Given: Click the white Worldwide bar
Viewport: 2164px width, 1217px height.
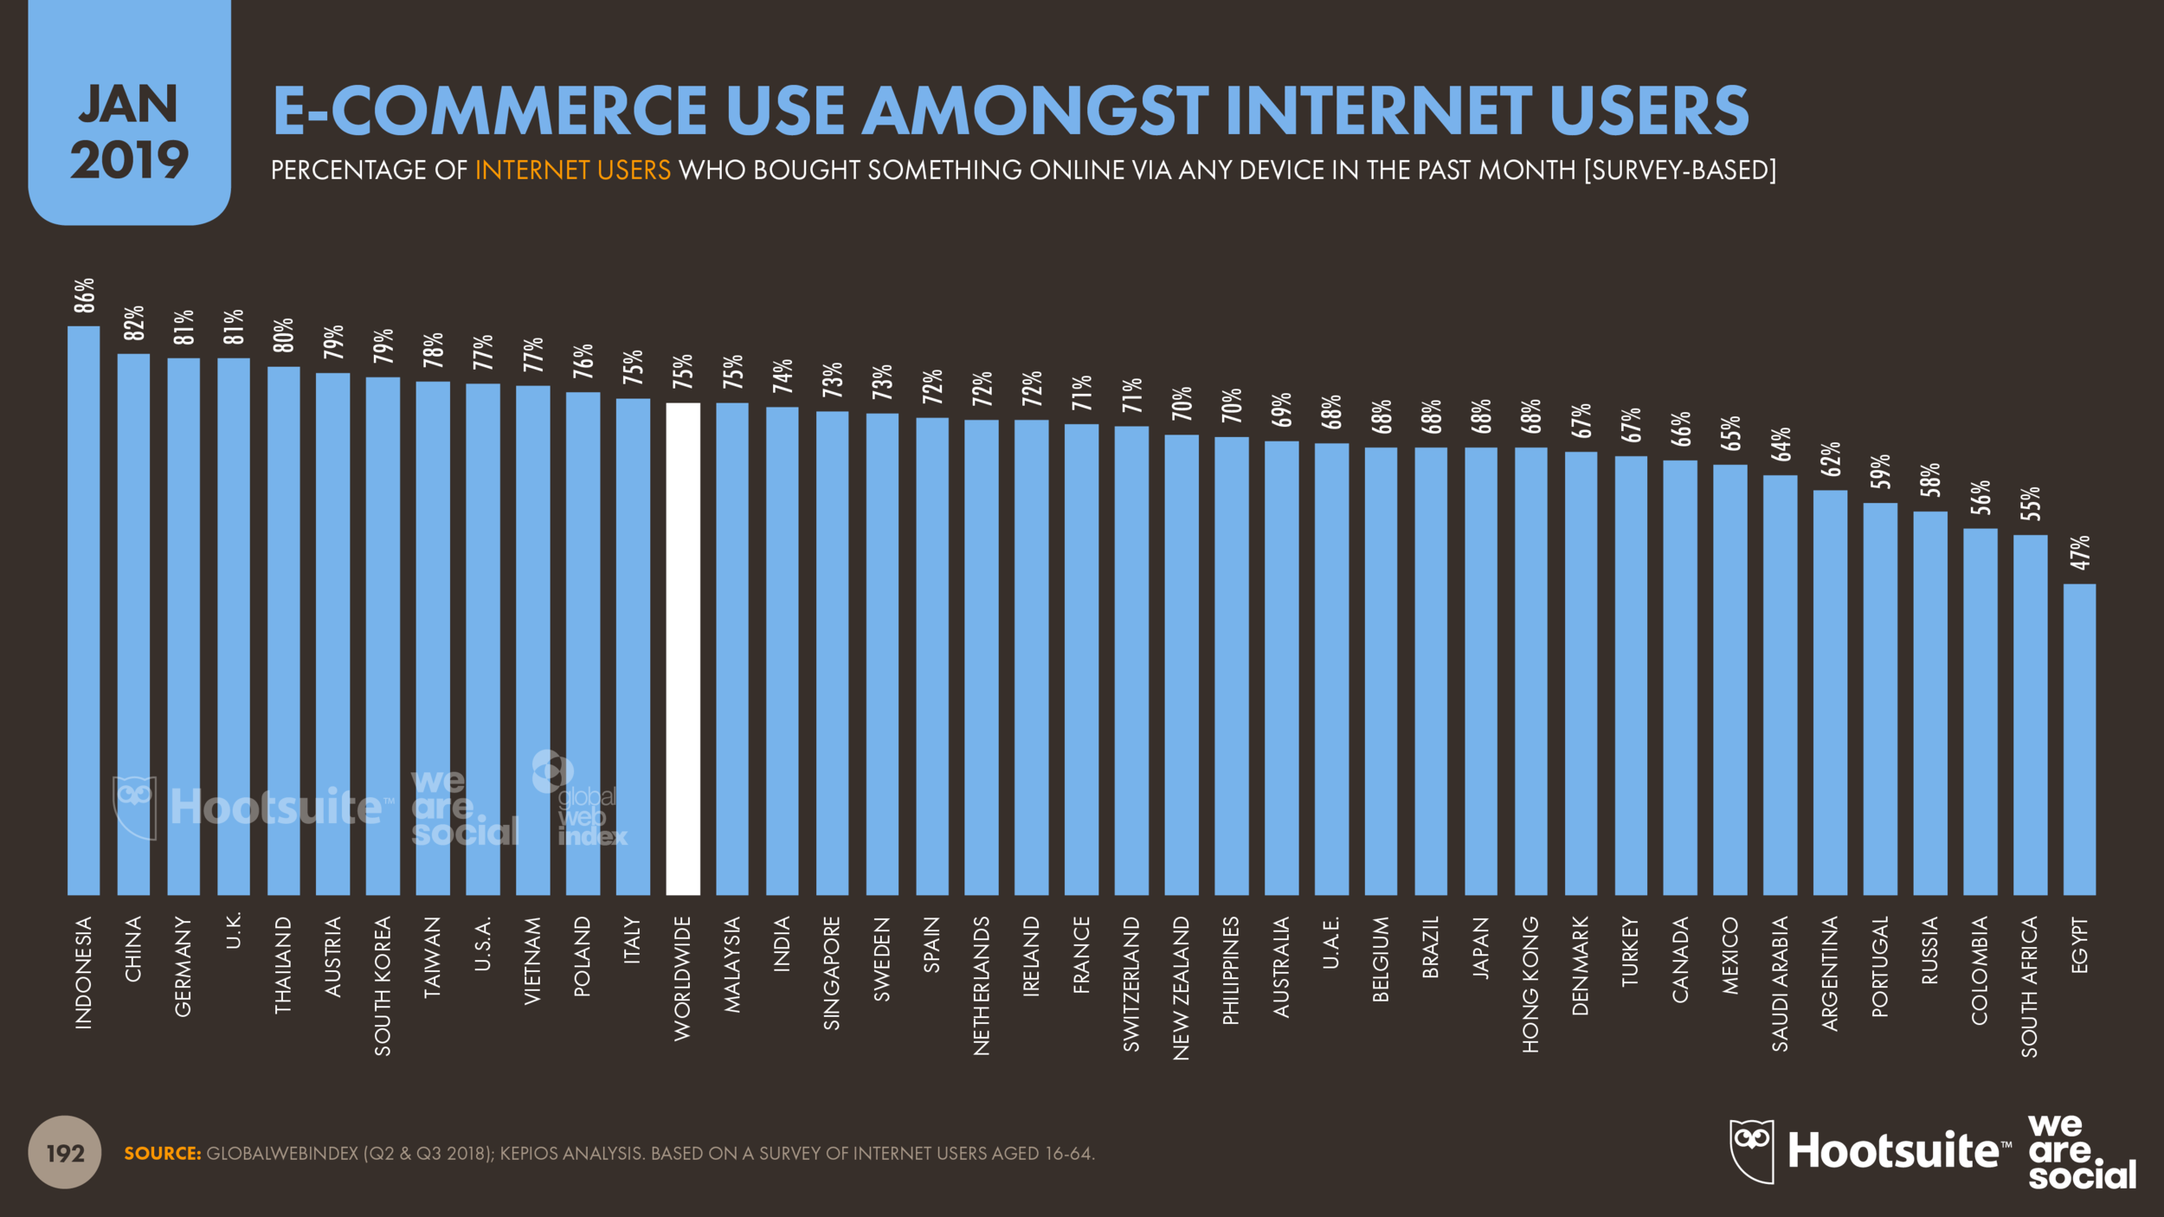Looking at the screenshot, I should [x=683, y=649].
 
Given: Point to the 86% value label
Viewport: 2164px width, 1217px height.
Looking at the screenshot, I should [x=84, y=296].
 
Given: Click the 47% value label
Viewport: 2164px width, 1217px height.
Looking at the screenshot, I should [x=2080, y=552].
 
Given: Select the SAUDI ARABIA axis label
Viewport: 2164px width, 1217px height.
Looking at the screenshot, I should [x=1780, y=983].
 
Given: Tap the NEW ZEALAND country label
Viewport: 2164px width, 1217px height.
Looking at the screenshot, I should [x=1182, y=988].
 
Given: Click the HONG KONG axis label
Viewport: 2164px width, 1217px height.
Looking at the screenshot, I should [x=1530, y=984].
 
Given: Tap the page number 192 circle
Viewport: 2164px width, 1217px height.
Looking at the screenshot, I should [x=65, y=1152].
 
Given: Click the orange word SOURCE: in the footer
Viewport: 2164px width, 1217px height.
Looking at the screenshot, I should [x=162, y=1153].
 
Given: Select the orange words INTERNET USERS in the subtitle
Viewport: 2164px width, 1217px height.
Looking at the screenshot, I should [x=572, y=170].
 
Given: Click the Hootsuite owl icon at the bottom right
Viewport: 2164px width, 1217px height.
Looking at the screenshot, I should [x=1751, y=1150].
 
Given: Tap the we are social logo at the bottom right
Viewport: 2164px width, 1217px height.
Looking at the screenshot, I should [x=2081, y=1151].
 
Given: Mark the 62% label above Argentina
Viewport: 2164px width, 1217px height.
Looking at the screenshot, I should [x=1830, y=459].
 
